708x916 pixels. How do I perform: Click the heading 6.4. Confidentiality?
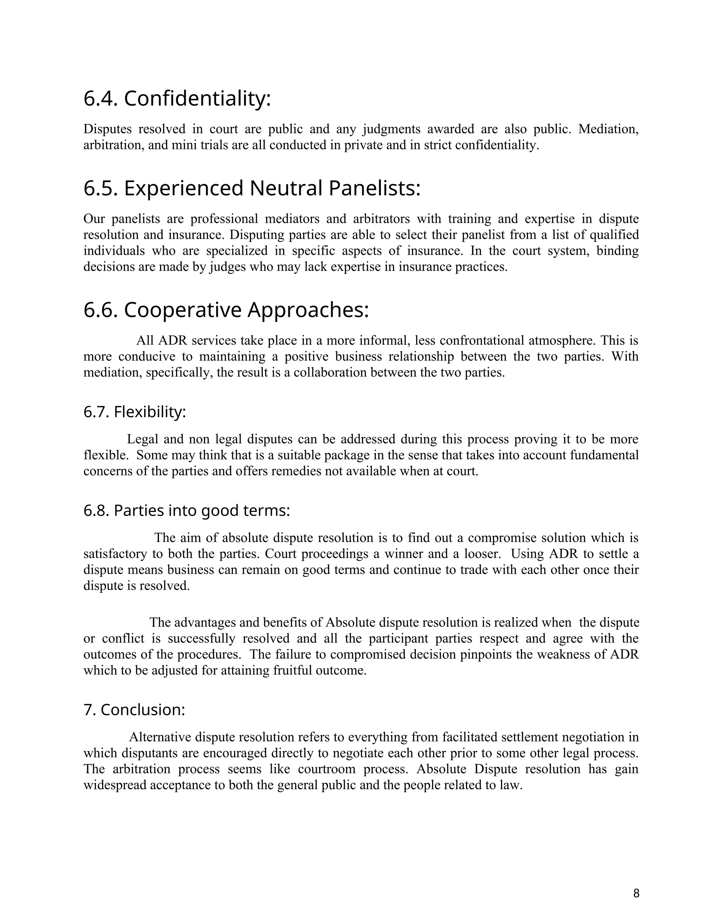[177, 99]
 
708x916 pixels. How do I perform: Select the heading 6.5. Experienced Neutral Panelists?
[252, 188]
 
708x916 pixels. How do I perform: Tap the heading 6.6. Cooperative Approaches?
[226, 310]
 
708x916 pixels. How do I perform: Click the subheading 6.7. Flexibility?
[134, 412]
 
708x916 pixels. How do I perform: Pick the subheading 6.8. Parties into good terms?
[187, 511]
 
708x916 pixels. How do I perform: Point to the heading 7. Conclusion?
[134, 710]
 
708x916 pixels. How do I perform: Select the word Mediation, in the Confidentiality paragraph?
[608, 129]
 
